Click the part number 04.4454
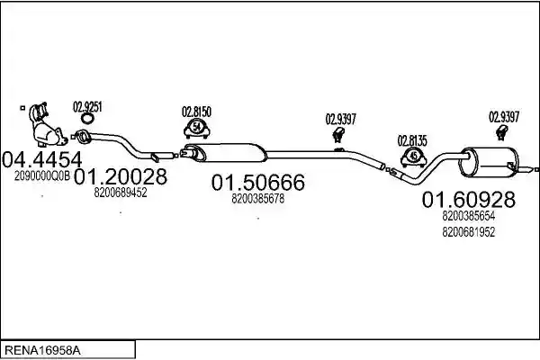(42, 159)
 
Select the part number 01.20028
(121, 176)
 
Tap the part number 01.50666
(258, 183)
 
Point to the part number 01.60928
(469, 200)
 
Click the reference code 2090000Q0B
(42, 176)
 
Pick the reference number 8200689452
(121, 193)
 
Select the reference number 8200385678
(258, 198)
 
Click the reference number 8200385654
(469, 216)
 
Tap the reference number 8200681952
(469, 232)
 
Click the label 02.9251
(87, 107)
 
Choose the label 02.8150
(196, 112)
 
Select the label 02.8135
(412, 141)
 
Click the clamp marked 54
(197, 128)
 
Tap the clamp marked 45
(414, 157)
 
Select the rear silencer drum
(490, 162)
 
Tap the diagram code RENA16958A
(43, 351)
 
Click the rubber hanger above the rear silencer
(502, 133)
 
